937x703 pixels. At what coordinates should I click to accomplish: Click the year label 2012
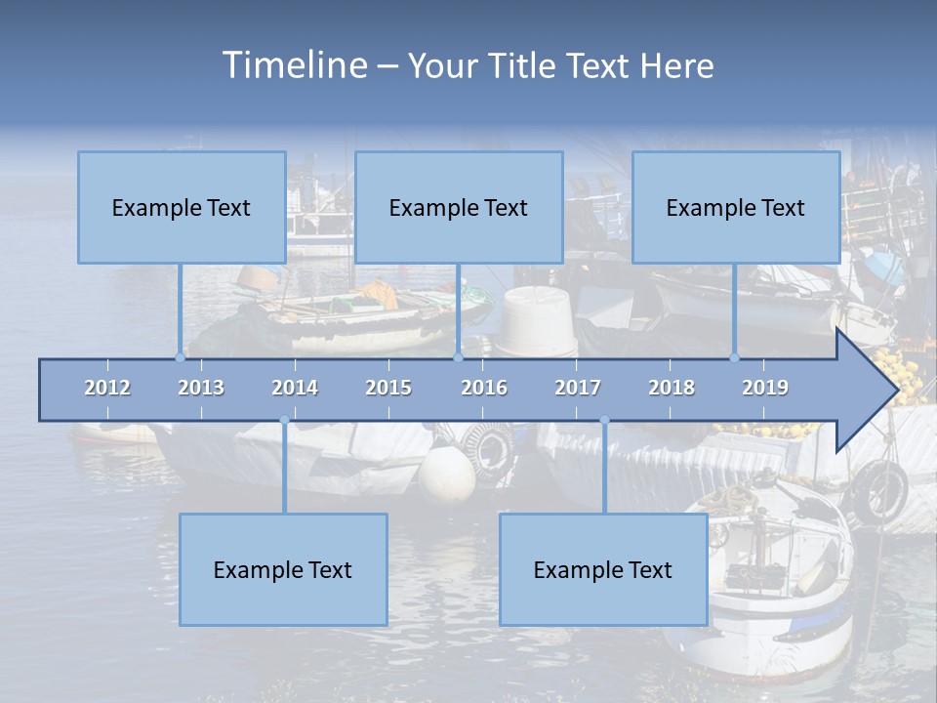tap(107, 388)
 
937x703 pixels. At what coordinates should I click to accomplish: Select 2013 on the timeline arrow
tap(201, 388)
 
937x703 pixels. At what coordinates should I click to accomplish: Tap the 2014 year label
tap(295, 388)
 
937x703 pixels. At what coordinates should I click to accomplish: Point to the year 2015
tap(388, 388)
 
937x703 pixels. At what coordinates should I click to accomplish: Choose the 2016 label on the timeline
tap(484, 388)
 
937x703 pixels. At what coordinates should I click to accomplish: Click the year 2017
tap(578, 388)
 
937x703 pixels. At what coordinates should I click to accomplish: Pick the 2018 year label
tap(672, 388)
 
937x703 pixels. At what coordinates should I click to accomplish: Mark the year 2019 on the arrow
tap(765, 388)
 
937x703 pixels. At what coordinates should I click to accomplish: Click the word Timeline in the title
tap(294, 65)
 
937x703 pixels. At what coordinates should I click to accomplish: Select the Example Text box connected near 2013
tap(182, 207)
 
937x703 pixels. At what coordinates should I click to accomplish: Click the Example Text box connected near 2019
tap(736, 207)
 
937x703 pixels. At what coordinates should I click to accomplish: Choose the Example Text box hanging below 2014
tap(283, 569)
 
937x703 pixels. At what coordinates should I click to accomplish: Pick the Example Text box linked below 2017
tap(603, 569)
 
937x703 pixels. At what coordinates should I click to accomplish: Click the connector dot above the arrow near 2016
tap(458, 357)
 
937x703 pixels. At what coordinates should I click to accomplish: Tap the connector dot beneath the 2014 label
tap(284, 421)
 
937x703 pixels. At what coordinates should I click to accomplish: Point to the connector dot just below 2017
tap(604, 421)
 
